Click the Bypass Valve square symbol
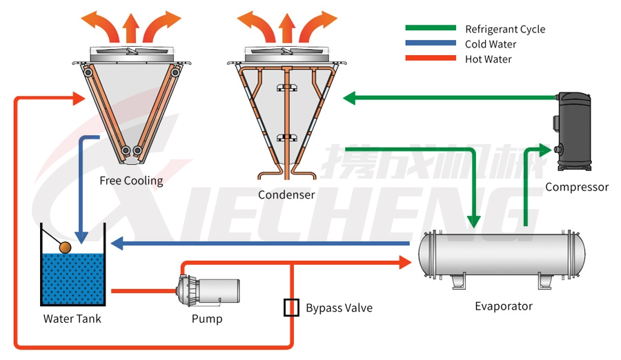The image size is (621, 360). (291, 307)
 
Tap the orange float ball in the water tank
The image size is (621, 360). (66, 247)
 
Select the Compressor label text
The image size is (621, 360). (577, 187)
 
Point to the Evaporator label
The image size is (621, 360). (504, 306)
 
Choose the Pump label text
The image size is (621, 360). (207, 319)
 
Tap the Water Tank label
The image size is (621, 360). (72, 319)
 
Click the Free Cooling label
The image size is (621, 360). (131, 181)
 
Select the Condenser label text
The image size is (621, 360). (286, 194)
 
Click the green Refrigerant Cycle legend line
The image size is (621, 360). (431, 28)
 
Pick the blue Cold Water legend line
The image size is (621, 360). (431, 43)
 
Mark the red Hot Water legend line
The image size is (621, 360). (431, 59)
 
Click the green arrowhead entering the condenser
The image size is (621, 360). (349, 97)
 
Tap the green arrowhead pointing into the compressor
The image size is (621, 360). (546, 148)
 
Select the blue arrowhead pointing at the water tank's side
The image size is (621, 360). (117, 243)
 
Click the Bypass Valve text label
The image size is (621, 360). (339, 308)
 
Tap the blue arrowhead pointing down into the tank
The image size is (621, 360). (81, 237)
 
